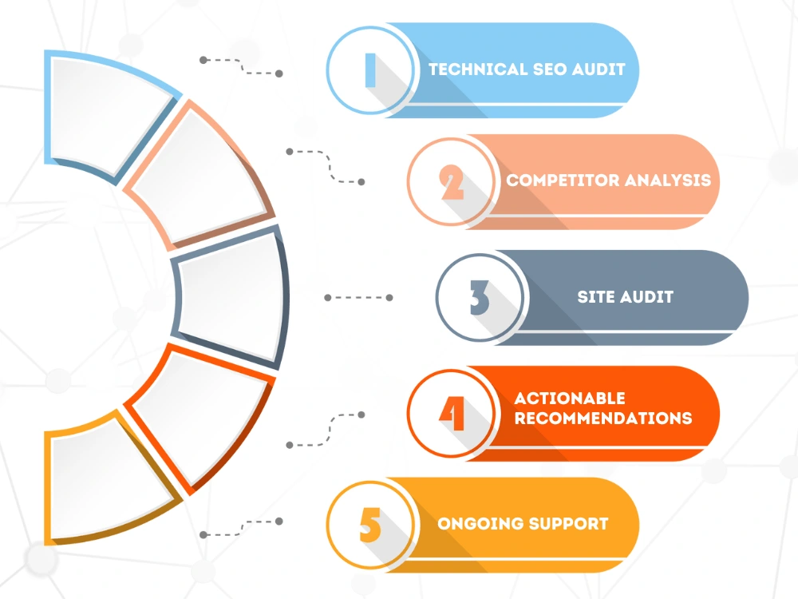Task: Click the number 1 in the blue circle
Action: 370,70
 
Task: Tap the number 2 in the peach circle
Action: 452,182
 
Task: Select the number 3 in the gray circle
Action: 480,297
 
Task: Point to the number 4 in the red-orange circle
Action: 452,413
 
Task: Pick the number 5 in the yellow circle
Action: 370,526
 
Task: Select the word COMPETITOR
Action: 563,180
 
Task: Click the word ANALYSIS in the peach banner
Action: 668,180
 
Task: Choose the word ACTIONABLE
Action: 570,398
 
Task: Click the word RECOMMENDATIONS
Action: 603,419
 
